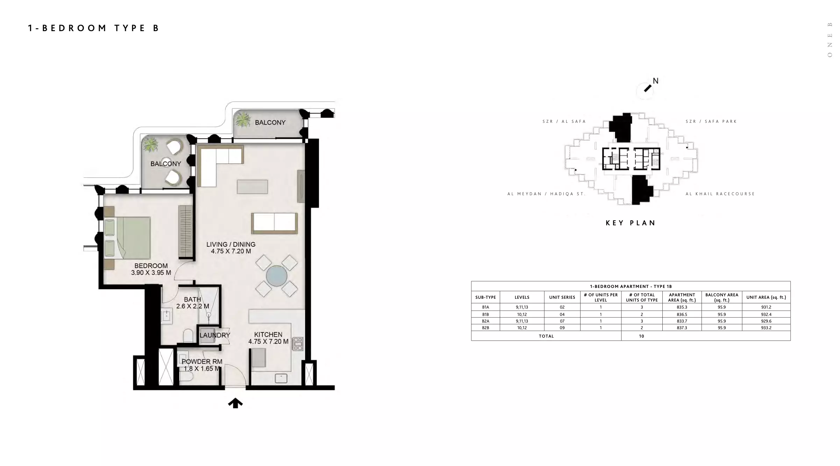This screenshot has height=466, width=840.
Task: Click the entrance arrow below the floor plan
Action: pyautogui.click(x=235, y=403)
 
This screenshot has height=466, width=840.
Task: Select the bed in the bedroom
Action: pyautogui.click(x=127, y=238)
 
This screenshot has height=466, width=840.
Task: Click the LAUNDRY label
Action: pyautogui.click(x=215, y=335)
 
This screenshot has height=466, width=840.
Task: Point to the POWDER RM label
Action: pyautogui.click(x=202, y=361)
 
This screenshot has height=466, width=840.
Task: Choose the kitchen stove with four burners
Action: pyautogui.click(x=298, y=344)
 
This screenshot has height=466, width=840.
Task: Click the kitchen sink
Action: pyautogui.click(x=281, y=378)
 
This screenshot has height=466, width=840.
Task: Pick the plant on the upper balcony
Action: pyautogui.click(x=243, y=120)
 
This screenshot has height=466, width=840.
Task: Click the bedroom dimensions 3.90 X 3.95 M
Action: pyautogui.click(x=151, y=273)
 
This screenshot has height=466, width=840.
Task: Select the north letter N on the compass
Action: pyautogui.click(x=655, y=81)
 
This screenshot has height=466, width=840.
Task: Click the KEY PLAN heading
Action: pyautogui.click(x=631, y=223)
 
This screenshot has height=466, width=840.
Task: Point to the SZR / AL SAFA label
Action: pyautogui.click(x=564, y=121)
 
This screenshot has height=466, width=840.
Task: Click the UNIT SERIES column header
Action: pyautogui.click(x=562, y=297)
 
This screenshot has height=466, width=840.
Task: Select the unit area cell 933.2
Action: pyautogui.click(x=766, y=328)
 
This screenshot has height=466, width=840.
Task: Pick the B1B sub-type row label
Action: pyautogui.click(x=485, y=315)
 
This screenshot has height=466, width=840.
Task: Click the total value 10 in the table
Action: pyautogui.click(x=641, y=336)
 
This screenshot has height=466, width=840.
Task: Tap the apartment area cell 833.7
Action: pyautogui.click(x=682, y=321)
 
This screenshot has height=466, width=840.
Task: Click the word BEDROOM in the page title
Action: pyautogui.click(x=74, y=28)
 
